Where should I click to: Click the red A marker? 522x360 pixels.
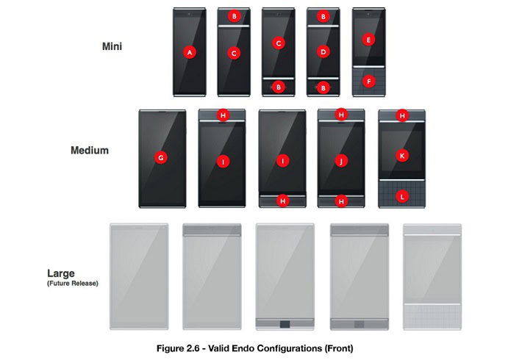(190, 52)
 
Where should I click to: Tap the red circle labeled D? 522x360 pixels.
(322, 52)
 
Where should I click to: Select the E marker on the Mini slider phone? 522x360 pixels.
(368, 40)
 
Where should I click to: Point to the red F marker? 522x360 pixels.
(368, 81)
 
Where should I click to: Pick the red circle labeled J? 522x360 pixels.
(340, 160)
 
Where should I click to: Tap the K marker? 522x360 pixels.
(401, 156)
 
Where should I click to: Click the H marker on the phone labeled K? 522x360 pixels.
(401, 116)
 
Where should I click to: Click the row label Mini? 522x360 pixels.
(112, 46)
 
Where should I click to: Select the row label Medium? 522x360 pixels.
(90, 151)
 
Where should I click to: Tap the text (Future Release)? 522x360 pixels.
(74, 283)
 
